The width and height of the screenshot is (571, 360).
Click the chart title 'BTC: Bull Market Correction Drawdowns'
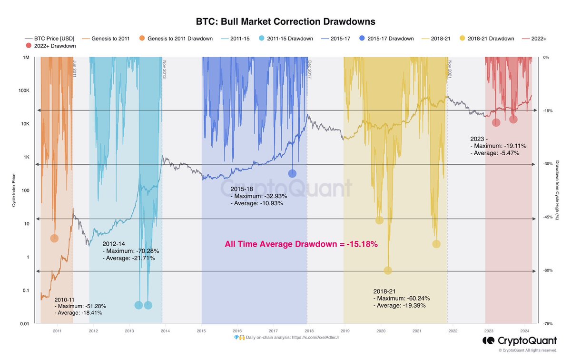[285, 22]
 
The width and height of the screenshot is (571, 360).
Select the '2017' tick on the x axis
[273, 330]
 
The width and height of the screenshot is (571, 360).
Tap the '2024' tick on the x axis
[525, 330]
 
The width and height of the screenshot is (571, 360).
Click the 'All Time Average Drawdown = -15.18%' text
[301, 244]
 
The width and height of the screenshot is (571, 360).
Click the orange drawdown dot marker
[54, 238]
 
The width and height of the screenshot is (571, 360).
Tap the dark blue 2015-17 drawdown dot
[292, 173]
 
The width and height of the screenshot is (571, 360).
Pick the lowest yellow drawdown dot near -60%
[388, 270]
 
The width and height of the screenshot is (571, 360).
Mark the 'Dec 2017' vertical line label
[309, 68]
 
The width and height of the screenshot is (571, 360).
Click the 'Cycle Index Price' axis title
[15, 190]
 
